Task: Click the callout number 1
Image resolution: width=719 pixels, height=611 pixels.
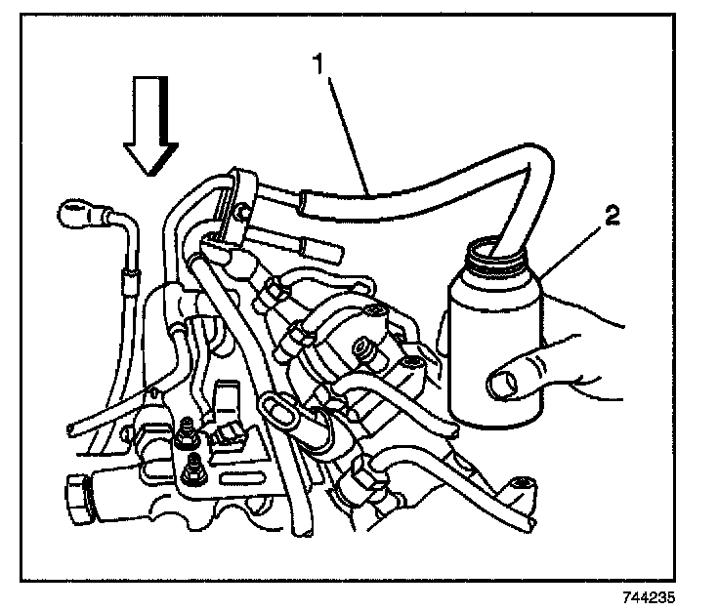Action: pyautogui.click(x=317, y=64)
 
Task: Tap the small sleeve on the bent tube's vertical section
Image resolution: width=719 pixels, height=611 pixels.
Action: pyautogui.click(x=126, y=284)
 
